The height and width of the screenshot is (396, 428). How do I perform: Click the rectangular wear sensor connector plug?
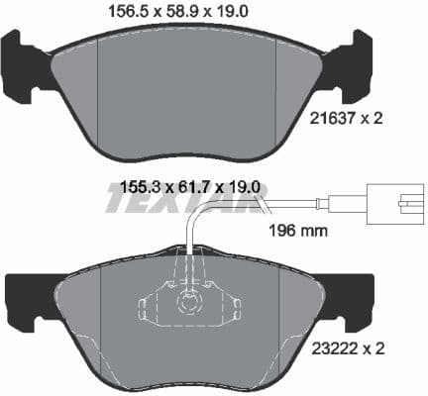pyautogui.click(x=394, y=204)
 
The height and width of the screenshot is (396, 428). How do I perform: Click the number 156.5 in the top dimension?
pyautogui.click(x=125, y=13)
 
